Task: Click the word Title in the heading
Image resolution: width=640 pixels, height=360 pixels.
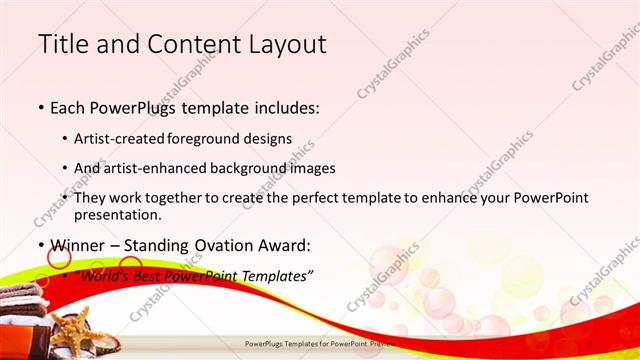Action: pos(63,44)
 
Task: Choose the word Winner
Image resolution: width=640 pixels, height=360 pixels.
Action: pos(77,244)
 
